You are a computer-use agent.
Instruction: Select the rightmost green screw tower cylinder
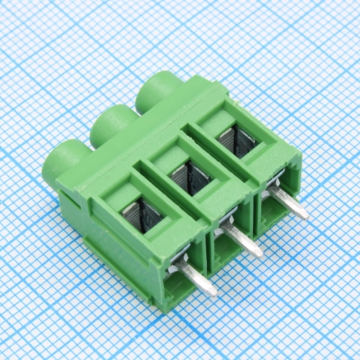(x=157, y=90)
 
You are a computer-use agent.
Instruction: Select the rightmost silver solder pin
(x=290, y=206)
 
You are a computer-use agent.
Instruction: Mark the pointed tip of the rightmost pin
(x=305, y=217)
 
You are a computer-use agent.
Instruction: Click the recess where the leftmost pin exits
(x=184, y=263)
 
